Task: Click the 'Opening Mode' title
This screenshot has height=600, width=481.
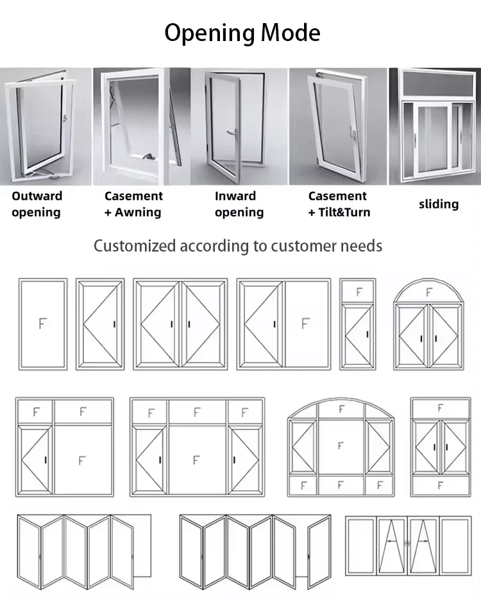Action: point(242,32)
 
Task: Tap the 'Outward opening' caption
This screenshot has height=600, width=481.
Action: point(37,204)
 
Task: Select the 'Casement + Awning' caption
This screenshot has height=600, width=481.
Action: point(133,204)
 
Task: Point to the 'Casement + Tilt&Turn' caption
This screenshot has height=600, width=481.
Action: point(339,204)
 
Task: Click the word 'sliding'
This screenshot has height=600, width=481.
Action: point(439,204)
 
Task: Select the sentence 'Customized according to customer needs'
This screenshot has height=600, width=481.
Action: point(238,246)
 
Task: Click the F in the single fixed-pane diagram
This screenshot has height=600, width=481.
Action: point(43,323)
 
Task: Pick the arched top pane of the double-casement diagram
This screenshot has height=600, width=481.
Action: point(428,293)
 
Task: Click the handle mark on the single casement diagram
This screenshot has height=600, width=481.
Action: point(114,324)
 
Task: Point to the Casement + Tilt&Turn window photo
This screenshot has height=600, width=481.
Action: point(339,126)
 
